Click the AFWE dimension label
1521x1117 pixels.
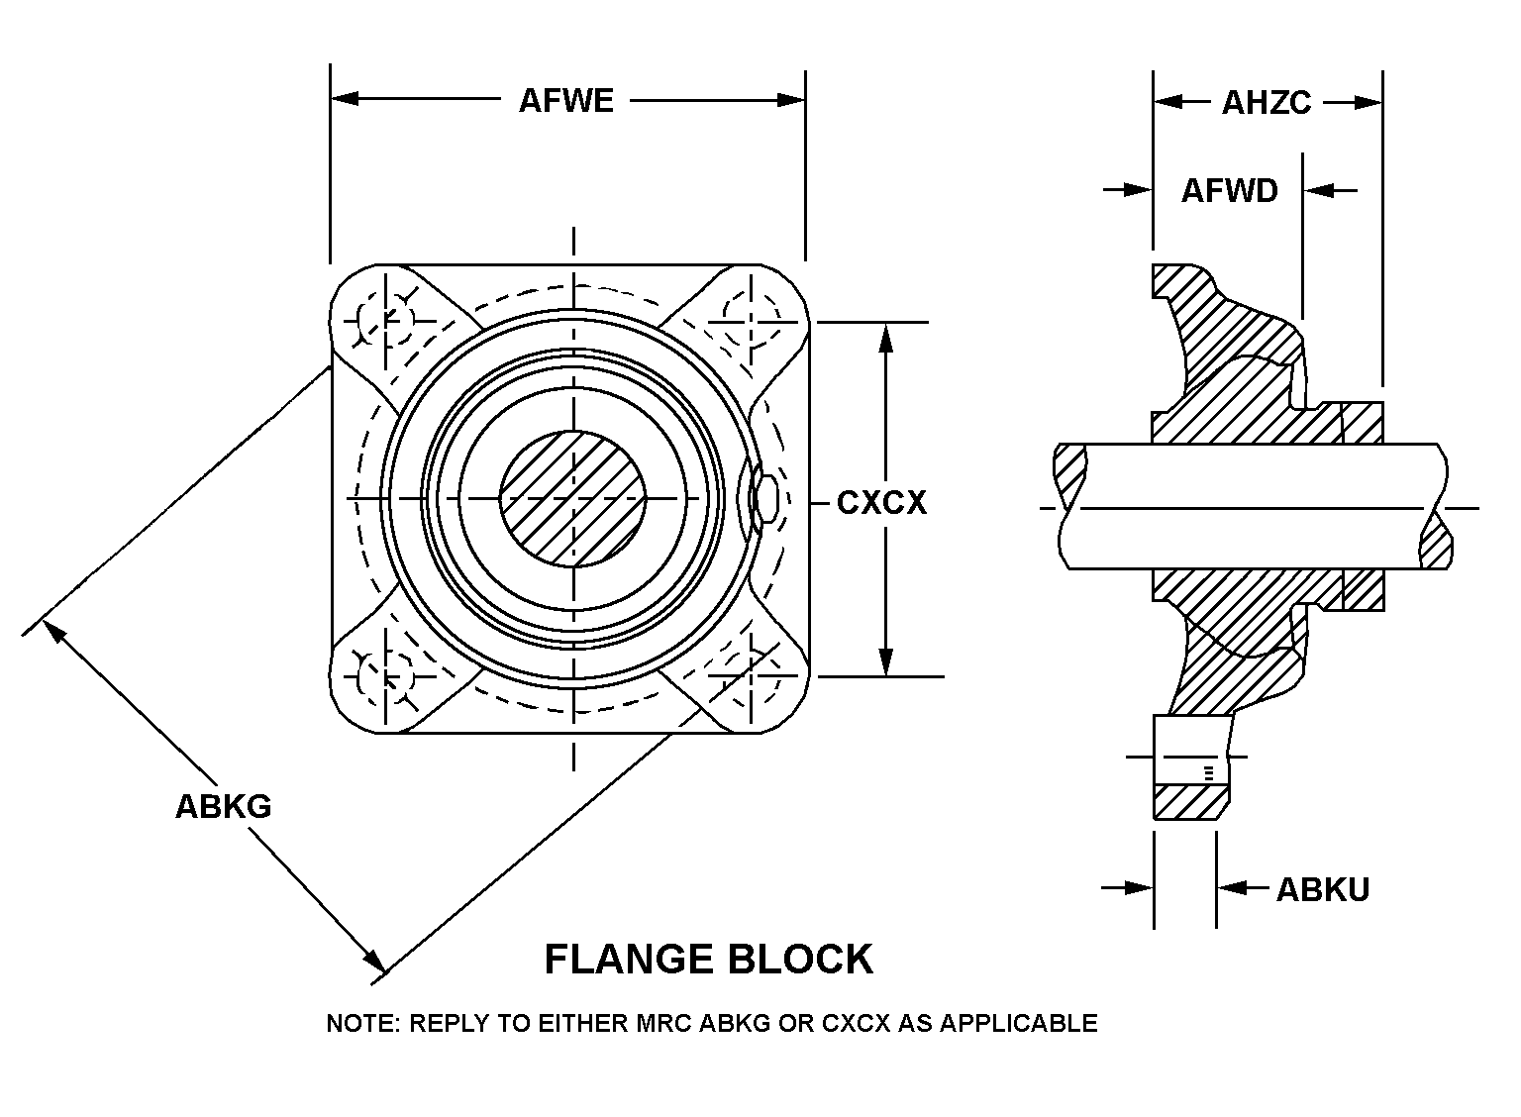click(566, 101)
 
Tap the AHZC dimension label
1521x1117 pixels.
click(1267, 102)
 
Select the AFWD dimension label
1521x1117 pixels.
click(1229, 190)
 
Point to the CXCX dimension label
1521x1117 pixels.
click(881, 503)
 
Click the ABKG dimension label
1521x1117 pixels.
click(223, 806)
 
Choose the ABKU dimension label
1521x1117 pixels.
click(1322, 889)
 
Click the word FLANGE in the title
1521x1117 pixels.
click(630, 960)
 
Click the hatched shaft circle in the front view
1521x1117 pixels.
click(572, 498)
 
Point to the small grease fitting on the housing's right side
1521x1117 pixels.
click(763, 498)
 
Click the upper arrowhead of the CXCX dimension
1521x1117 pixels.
click(886, 337)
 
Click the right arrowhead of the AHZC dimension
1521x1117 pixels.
click(1369, 102)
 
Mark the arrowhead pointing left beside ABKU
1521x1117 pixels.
click(1231, 888)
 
